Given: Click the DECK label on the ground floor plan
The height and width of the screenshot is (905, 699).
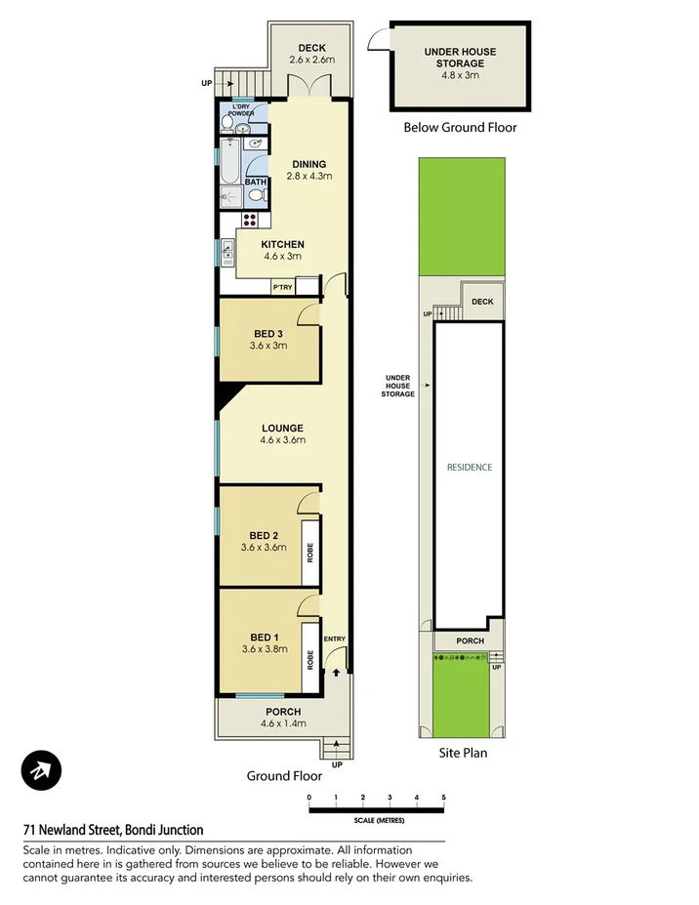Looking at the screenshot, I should pyautogui.click(x=311, y=48).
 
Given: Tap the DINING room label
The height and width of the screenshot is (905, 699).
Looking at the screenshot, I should pyautogui.click(x=309, y=164).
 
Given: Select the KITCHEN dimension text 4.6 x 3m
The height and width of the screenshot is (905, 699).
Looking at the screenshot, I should pyautogui.click(x=283, y=257).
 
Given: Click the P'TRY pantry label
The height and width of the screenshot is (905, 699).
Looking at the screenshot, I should pyautogui.click(x=282, y=287).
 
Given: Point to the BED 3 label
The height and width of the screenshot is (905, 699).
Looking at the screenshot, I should pyautogui.click(x=267, y=333).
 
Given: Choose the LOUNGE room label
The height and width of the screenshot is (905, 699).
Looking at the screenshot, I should pyautogui.click(x=282, y=428).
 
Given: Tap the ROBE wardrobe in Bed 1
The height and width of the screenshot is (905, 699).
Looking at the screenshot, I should pyautogui.click(x=308, y=660).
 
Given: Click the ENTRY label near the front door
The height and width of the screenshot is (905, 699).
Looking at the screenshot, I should pyautogui.click(x=335, y=639).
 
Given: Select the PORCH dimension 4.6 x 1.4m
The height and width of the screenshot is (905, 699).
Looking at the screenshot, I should pyautogui.click(x=283, y=724).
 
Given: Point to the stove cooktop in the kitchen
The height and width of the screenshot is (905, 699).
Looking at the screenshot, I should pyautogui.click(x=251, y=220).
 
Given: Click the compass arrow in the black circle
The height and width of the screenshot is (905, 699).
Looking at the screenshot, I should pyautogui.click(x=41, y=771).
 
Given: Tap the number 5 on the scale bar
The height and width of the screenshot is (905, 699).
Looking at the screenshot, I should pyautogui.click(x=443, y=799).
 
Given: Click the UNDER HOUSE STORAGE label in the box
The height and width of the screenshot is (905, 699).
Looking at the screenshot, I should pyautogui.click(x=460, y=58).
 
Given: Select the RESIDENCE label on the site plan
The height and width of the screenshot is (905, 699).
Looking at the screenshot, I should pyautogui.click(x=470, y=468).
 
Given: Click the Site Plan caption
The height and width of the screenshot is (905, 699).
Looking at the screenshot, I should pyautogui.click(x=462, y=753).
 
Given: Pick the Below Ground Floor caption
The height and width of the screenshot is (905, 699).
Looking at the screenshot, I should pyautogui.click(x=460, y=128).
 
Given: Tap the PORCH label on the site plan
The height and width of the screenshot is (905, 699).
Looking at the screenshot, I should pyautogui.click(x=470, y=641).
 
